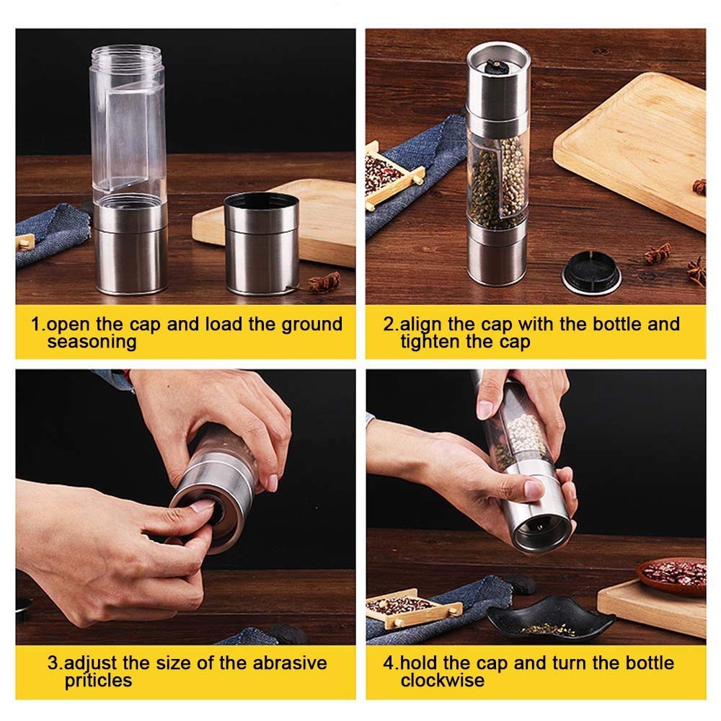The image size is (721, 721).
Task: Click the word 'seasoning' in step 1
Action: click(92, 342)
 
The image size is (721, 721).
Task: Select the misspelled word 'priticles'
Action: click(98, 681)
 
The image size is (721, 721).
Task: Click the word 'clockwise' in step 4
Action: click(443, 681)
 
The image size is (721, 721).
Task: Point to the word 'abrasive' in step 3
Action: click(290, 663)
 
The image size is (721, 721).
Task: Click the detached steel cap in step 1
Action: click(262, 243)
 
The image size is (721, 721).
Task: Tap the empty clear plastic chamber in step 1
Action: click(128, 124)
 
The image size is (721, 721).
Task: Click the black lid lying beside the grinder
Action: click(591, 273)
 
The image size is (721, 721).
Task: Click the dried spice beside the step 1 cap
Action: click(324, 282)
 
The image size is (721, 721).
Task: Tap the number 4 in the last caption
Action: click(389, 663)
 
